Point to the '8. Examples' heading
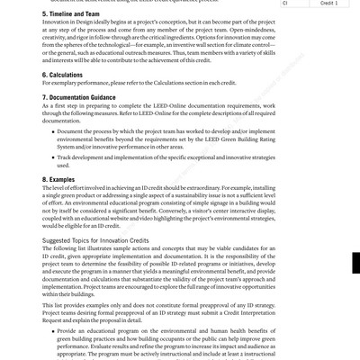tap(58, 180)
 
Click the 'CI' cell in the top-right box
tap(287, 3)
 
